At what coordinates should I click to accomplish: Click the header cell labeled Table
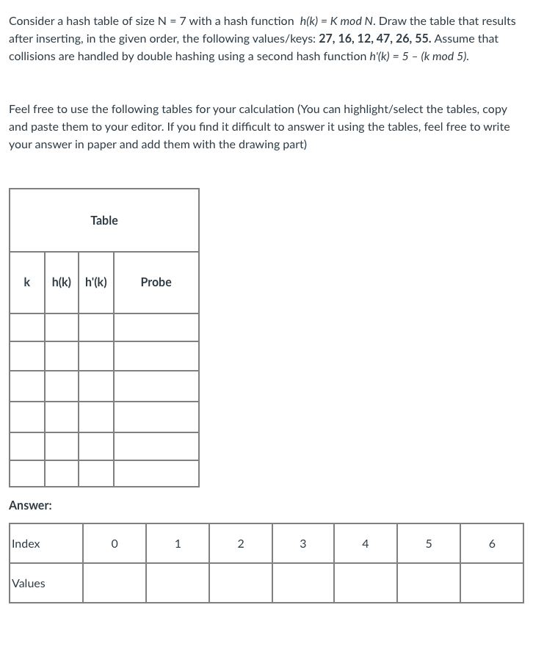(104, 220)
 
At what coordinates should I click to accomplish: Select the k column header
(27, 282)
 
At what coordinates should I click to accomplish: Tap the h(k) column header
(62, 282)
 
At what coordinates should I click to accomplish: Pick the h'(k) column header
(96, 282)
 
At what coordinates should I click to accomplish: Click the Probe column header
(156, 282)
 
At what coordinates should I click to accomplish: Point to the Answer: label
(30, 505)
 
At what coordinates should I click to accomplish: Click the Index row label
(26, 544)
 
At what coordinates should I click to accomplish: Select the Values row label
(29, 584)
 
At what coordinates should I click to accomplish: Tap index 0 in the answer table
(114, 544)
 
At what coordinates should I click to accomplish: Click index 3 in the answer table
(303, 544)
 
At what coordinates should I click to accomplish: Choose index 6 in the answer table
(492, 544)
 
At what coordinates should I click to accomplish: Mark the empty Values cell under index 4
(366, 584)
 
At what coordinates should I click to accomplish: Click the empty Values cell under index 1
(177, 584)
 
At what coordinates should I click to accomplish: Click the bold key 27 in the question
(327, 38)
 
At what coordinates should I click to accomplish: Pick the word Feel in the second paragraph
(20, 109)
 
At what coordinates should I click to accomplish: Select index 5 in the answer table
(429, 544)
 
